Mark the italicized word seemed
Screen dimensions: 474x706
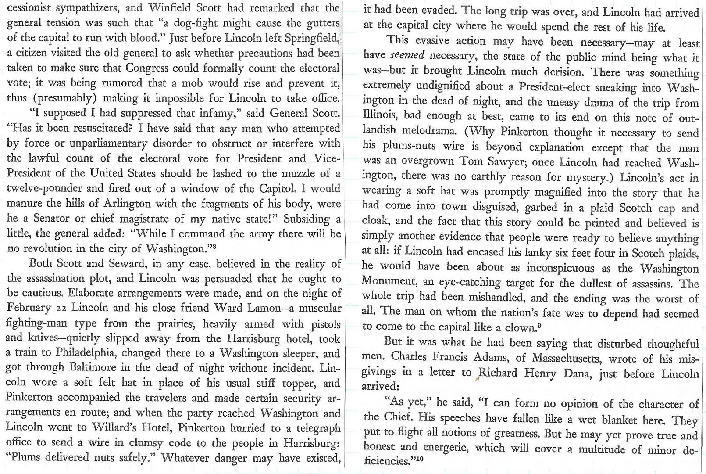click(407, 56)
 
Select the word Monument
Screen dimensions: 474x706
click(387, 283)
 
